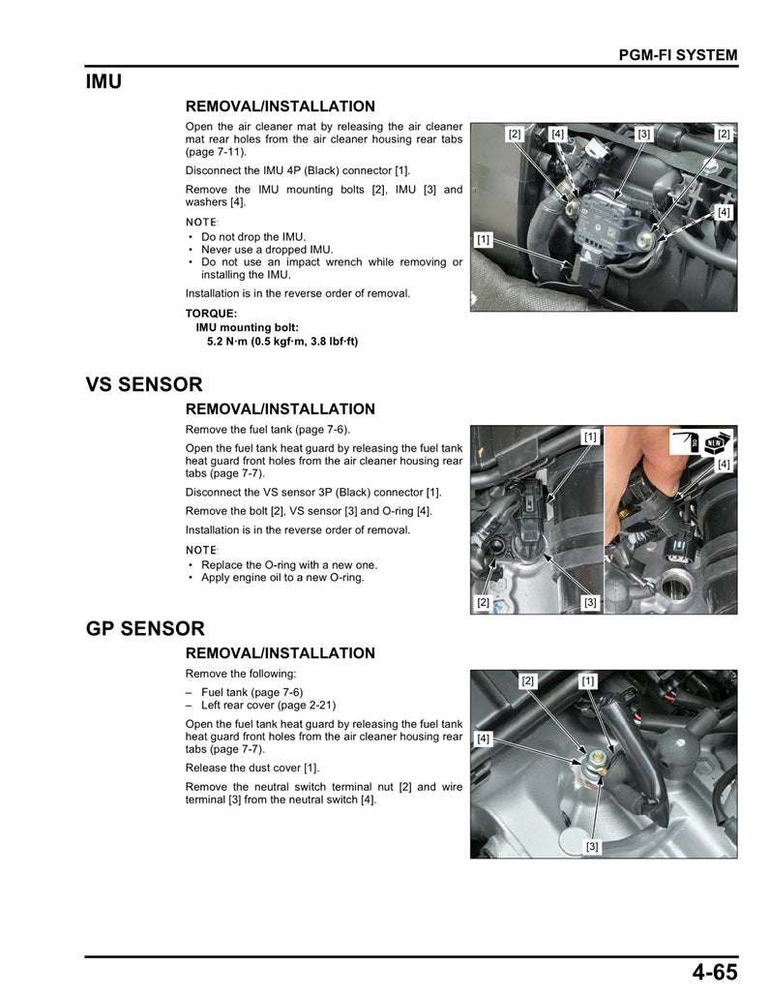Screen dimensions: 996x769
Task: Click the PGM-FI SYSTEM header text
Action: [x=677, y=55]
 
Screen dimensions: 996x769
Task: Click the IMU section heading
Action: [x=104, y=82]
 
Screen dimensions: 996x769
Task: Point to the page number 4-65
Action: [x=714, y=972]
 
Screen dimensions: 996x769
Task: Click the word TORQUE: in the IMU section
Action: [x=211, y=314]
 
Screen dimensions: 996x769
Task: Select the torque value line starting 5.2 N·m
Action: [x=282, y=341]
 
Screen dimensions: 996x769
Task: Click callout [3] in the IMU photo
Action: [x=644, y=134]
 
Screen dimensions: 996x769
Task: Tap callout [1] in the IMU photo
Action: [x=483, y=238]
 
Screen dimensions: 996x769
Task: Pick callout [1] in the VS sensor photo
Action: [x=589, y=438]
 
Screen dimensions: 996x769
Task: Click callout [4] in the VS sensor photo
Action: [x=724, y=465]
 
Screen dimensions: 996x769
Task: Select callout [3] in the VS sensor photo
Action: [x=589, y=602]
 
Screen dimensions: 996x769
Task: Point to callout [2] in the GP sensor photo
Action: [x=527, y=680]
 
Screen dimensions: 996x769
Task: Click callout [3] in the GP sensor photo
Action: [x=592, y=847]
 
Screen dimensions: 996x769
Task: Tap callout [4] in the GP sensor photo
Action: [x=484, y=739]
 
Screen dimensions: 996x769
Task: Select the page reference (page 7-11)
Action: [x=216, y=152]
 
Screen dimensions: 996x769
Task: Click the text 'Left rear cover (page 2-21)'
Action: [x=268, y=706]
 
